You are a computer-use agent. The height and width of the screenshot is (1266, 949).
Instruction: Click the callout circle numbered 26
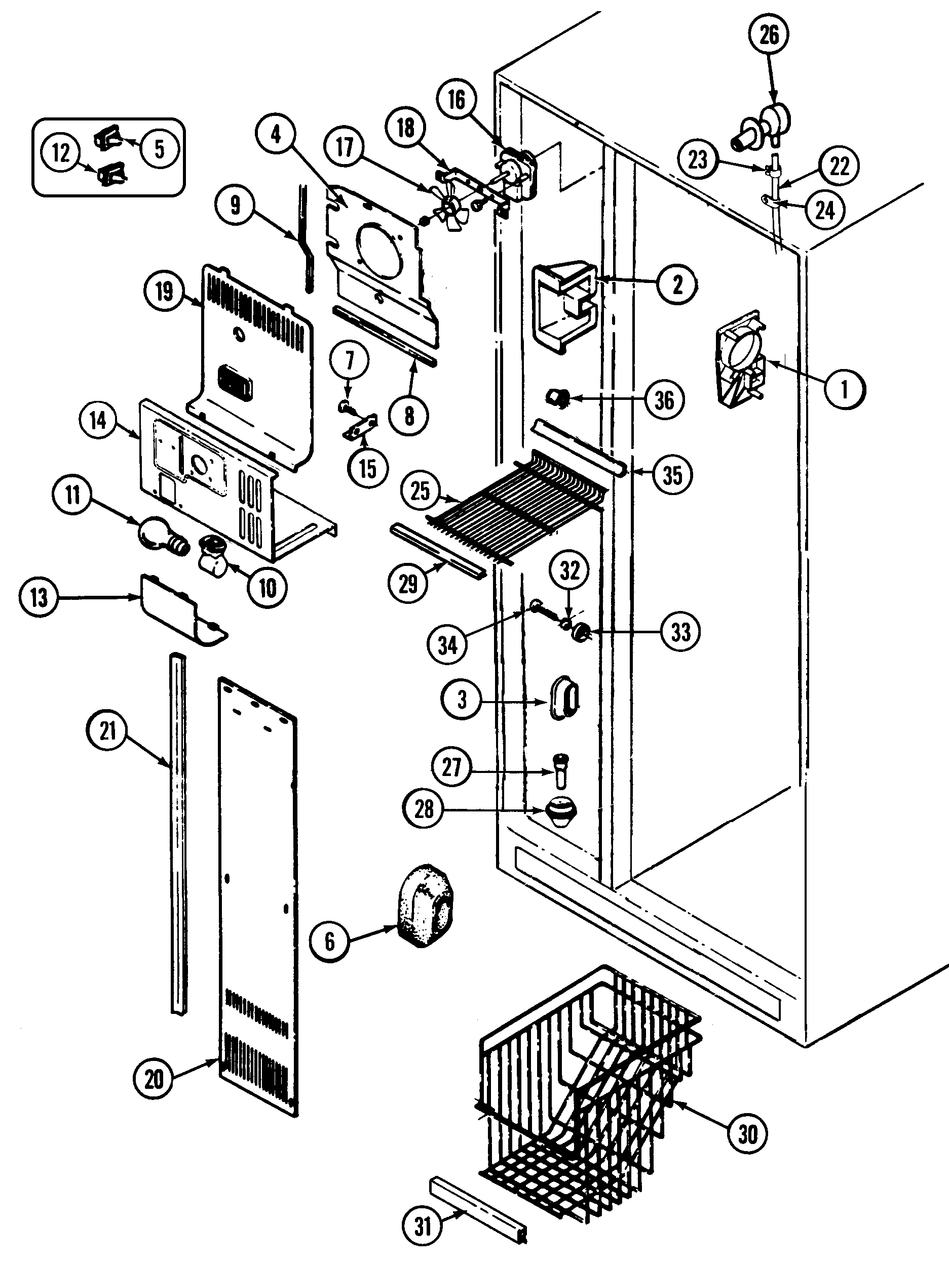click(x=769, y=35)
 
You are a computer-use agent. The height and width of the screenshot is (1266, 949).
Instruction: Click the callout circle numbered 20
click(x=154, y=1079)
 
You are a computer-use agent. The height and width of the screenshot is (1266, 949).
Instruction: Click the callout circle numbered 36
click(x=664, y=400)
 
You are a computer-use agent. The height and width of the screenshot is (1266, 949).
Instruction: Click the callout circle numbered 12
click(x=61, y=153)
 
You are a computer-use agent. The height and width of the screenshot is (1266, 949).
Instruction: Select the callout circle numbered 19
click(x=164, y=292)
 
